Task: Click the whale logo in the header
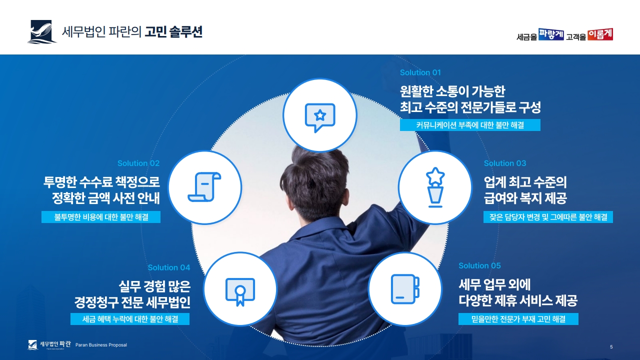(x=41, y=31)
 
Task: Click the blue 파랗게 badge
(x=551, y=34)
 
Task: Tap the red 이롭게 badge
(x=600, y=34)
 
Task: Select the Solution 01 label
(x=420, y=72)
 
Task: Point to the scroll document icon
(x=204, y=187)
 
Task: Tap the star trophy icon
(x=435, y=187)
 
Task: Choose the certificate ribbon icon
(x=240, y=291)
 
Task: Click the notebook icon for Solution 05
(x=405, y=289)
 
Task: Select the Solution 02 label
(x=138, y=163)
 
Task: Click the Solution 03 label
(x=505, y=163)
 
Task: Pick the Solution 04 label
(x=169, y=267)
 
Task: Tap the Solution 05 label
(x=479, y=265)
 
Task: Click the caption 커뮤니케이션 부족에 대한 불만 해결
(x=470, y=125)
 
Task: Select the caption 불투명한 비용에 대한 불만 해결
(x=101, y=217)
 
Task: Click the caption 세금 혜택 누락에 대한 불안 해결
(x=130, y=319)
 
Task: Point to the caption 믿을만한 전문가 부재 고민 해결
(x=518, y=319)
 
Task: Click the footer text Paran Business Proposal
(x=101, y=345)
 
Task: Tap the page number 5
(x=611, y=347)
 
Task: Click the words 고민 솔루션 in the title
(x=173, y=31)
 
